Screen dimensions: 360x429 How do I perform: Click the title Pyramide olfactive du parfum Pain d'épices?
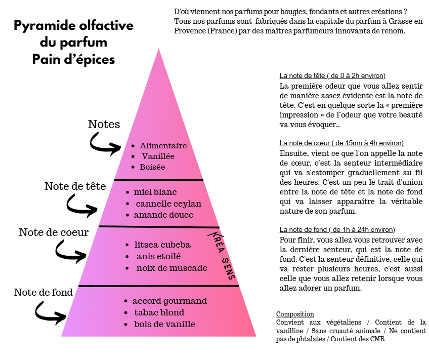[x=73, y=43]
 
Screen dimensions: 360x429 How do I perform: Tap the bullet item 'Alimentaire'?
[x=163, y=146]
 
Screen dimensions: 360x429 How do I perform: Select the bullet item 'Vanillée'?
[x=158, y=156]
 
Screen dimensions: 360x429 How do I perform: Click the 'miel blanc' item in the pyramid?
[x=155, y=192]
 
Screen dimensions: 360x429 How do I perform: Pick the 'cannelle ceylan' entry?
[x=168, y=204]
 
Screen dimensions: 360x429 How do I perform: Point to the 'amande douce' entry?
[x=163, y=215]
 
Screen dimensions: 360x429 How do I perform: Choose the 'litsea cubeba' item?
[x=162, y=245]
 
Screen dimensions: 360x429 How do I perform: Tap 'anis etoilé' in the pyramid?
[x=158, y=256]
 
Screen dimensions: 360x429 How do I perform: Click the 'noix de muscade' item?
[x=171, y=268]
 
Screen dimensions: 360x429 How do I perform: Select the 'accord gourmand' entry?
[x=169, y=301]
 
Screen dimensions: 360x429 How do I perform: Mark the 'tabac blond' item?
[x=159, y=312]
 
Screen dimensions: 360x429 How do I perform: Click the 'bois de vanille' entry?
[x=164, y=324]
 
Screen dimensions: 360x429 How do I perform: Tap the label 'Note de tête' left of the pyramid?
[x=75, y=186]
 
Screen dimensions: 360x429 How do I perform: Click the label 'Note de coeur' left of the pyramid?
[x=54, y=232]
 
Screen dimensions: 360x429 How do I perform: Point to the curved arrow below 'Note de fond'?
[x=50, y=313]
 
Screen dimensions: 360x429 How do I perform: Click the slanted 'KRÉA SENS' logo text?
[x=223, y=256]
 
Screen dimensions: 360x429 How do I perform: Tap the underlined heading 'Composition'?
[x=295, y=314]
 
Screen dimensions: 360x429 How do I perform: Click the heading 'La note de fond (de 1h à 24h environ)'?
[x=337, y=229]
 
